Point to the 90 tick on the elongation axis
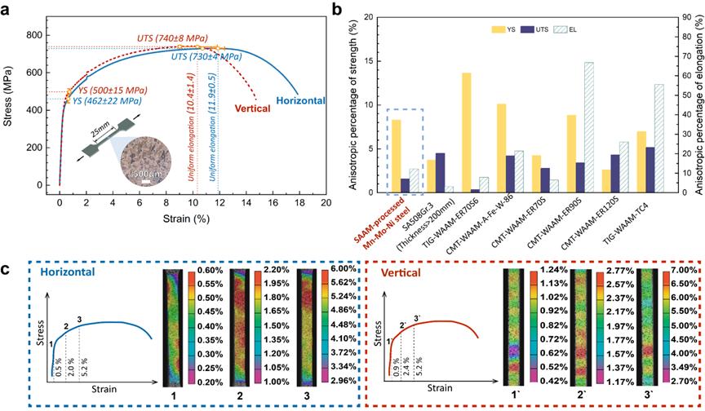tap(684, 17)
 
